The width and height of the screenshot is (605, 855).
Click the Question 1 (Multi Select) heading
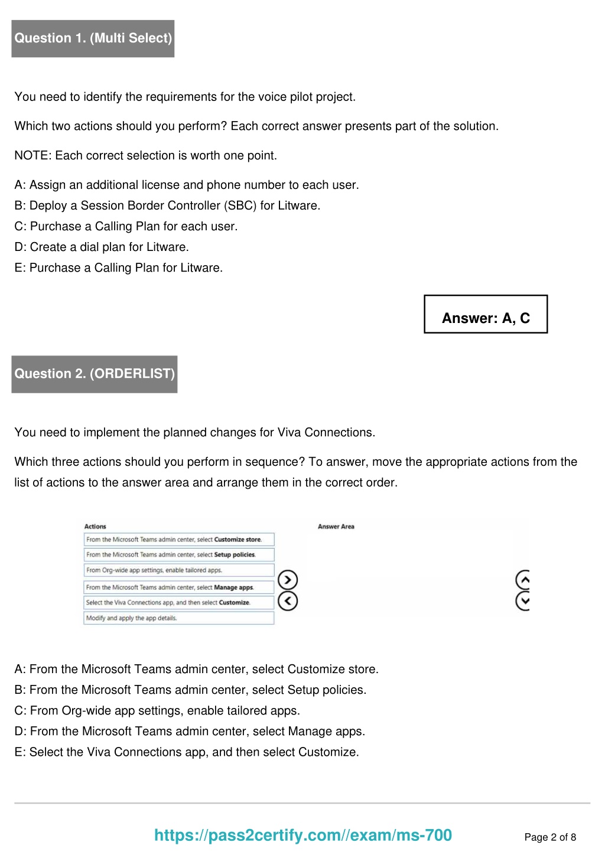(93, 38)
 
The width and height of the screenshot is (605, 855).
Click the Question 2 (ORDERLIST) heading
(95, 374)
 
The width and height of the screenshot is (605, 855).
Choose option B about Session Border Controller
(167, 205)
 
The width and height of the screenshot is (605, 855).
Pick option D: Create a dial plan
(102, 247)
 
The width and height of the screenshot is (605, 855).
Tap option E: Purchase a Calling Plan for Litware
(119, 267)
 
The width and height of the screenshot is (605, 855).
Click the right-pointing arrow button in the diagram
(288, 580)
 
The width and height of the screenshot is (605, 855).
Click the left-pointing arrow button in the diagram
(288, 601)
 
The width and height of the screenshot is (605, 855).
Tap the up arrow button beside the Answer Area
(523, 580)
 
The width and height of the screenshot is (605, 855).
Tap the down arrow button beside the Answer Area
(523, 601)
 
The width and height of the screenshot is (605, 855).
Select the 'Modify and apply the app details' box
(178, 618)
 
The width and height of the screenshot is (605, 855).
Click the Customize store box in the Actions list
(178, 540)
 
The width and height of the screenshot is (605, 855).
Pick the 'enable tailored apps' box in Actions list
(178, 570)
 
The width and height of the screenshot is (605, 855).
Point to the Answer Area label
(336, 527)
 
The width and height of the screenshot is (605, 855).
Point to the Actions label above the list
(95, 527)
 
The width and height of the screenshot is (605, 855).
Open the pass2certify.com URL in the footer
(303, 835)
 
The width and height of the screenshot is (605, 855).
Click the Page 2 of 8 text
(550, 837)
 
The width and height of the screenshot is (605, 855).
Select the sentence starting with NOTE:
(145, 155)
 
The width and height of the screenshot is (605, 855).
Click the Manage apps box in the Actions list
(178, 588)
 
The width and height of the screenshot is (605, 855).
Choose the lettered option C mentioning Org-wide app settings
(157, 710)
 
